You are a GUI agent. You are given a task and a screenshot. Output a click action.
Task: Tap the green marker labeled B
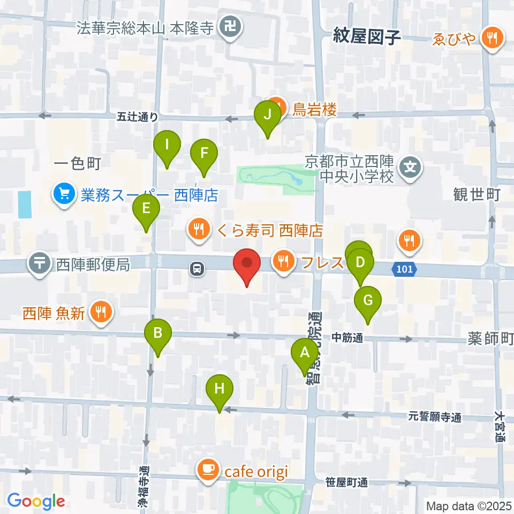click(x=158, y=334)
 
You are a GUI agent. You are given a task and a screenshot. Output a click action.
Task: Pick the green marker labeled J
click(x=267, y=115)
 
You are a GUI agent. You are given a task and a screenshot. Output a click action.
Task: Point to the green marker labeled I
click(x=168, y=145)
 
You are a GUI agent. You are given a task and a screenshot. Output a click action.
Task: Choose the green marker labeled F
click(x=204, y=153)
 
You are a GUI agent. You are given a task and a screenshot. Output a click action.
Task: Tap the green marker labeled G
click(x=368, y=300)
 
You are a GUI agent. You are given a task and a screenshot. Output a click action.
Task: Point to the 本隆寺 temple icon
click(x=231, y=26)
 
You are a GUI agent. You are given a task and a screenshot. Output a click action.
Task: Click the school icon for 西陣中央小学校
click(x=411, y=167)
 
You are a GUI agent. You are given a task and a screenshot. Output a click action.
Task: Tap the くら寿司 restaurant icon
click(x=198, y=230)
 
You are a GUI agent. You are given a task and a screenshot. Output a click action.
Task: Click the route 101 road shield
click(x=405, y=269)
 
